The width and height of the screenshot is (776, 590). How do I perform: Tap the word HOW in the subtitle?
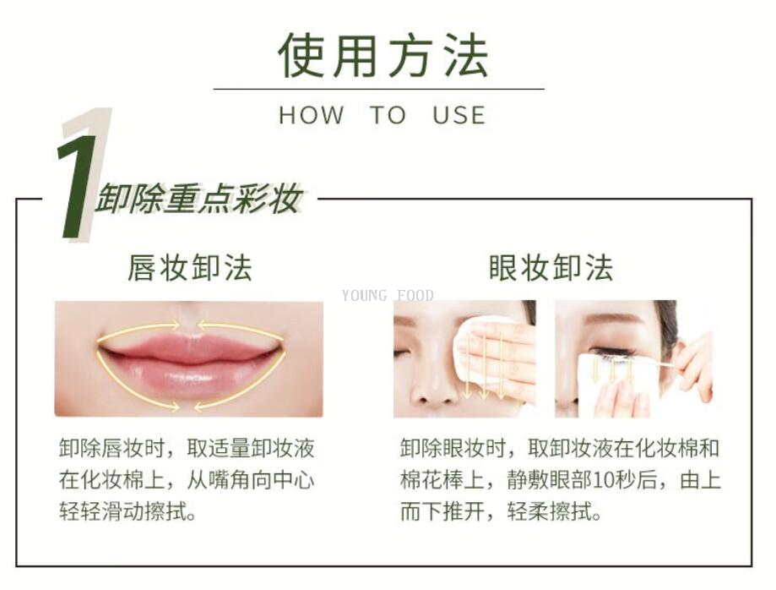point(312,116)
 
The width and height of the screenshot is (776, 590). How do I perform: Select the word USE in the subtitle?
point(459,116)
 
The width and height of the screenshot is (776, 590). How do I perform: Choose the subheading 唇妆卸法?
point(189,268)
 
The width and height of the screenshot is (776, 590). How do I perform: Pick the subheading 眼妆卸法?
point(551,268)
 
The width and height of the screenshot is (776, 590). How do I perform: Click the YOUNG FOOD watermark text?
point(388,296)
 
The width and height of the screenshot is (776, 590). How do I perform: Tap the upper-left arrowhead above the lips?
point(174,325)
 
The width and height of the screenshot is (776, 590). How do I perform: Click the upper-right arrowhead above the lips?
point(203,325)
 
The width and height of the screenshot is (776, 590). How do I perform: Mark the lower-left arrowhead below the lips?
point(173,407)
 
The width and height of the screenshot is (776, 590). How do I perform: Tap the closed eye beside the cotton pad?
point(402,352)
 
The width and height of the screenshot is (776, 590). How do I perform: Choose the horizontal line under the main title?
point(378,89)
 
